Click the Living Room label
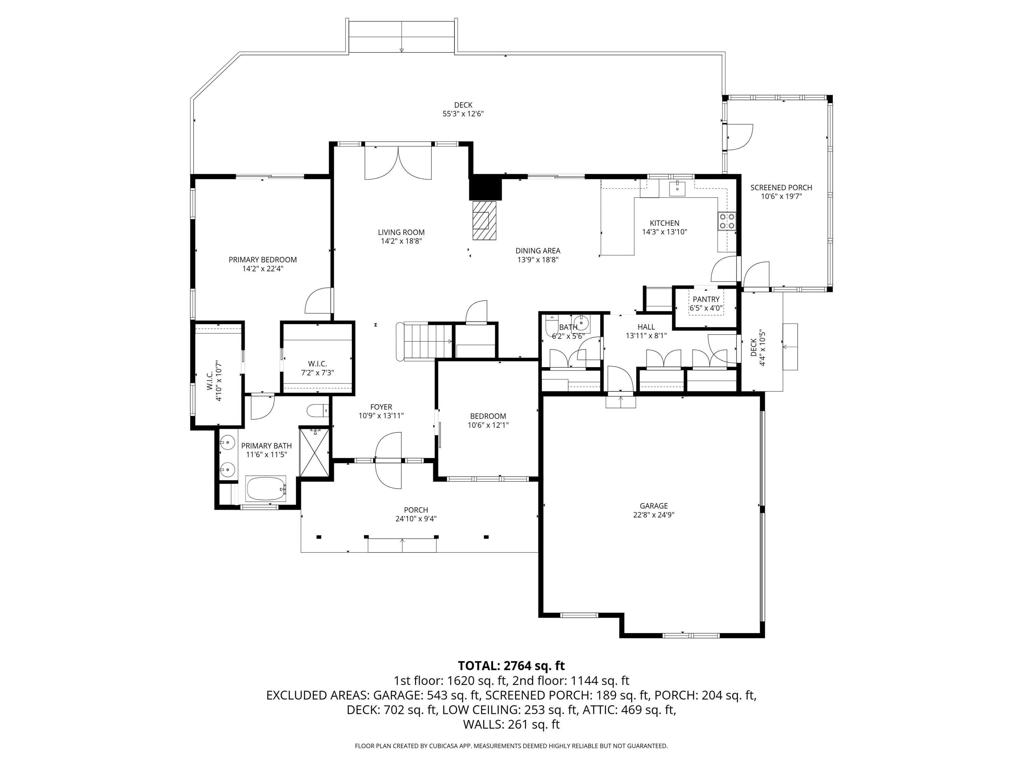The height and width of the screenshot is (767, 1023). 401,232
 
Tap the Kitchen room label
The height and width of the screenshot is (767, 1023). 665,223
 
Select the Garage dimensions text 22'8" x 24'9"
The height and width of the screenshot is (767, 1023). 653,515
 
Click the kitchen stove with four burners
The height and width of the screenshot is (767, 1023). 727,221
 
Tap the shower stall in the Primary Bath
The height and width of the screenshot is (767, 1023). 314,452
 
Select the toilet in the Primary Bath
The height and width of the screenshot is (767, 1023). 318,410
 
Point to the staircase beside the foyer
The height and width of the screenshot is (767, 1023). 424,341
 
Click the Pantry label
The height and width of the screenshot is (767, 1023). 706,300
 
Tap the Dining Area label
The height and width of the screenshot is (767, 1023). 538,251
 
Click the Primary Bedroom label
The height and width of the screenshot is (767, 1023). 263,260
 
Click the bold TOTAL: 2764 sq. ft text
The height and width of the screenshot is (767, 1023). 511,666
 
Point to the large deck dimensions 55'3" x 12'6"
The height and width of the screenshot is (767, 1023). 463,114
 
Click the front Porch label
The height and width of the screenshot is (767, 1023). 416,510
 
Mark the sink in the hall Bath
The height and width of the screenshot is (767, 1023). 580,322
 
